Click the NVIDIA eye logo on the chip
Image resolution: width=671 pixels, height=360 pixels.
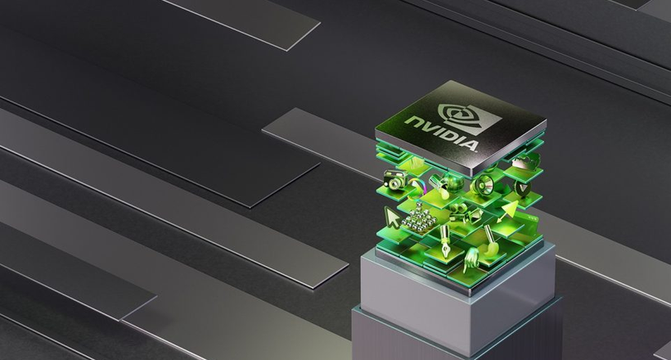[x=470, y=119]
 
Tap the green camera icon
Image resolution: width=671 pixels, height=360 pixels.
[x=395, y=179]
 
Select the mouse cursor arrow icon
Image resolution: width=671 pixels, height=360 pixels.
[x=392, y=217]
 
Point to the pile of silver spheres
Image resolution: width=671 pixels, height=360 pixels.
[x=419, y=217]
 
